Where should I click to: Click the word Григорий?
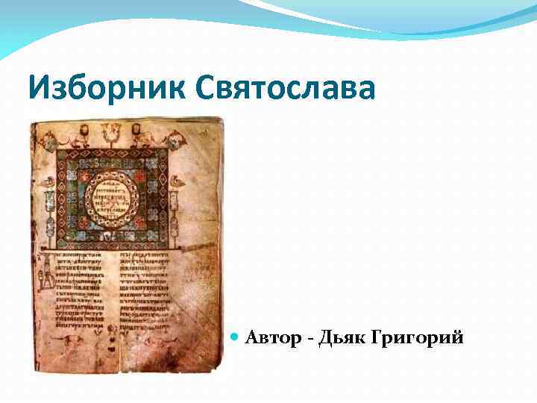(x=421, y=339)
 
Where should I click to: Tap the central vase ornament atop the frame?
(x=113, y=134)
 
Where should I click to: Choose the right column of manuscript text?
(x=148, y=295)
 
